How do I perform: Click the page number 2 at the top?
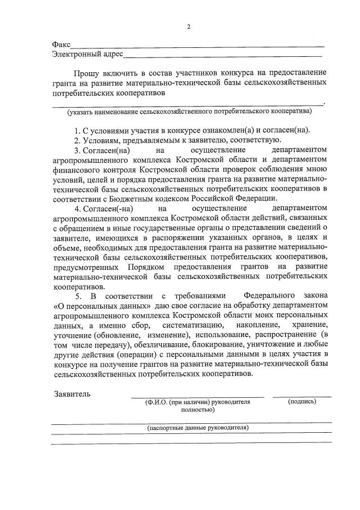pyautogui.click(x=189, y=26)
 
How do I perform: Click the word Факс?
pyautogui.click(x=61, y=44)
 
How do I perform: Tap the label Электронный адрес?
pyautogui.click(x=86, y=55)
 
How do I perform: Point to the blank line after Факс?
pyautogui.click(x=197, y=46)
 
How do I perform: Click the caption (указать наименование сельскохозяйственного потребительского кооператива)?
pyautogui.click(x=189, y=112)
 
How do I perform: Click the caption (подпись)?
pyautogui.click(x=301, y=402)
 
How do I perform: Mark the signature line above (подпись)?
pyautogui.click(x=301, y=397)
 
